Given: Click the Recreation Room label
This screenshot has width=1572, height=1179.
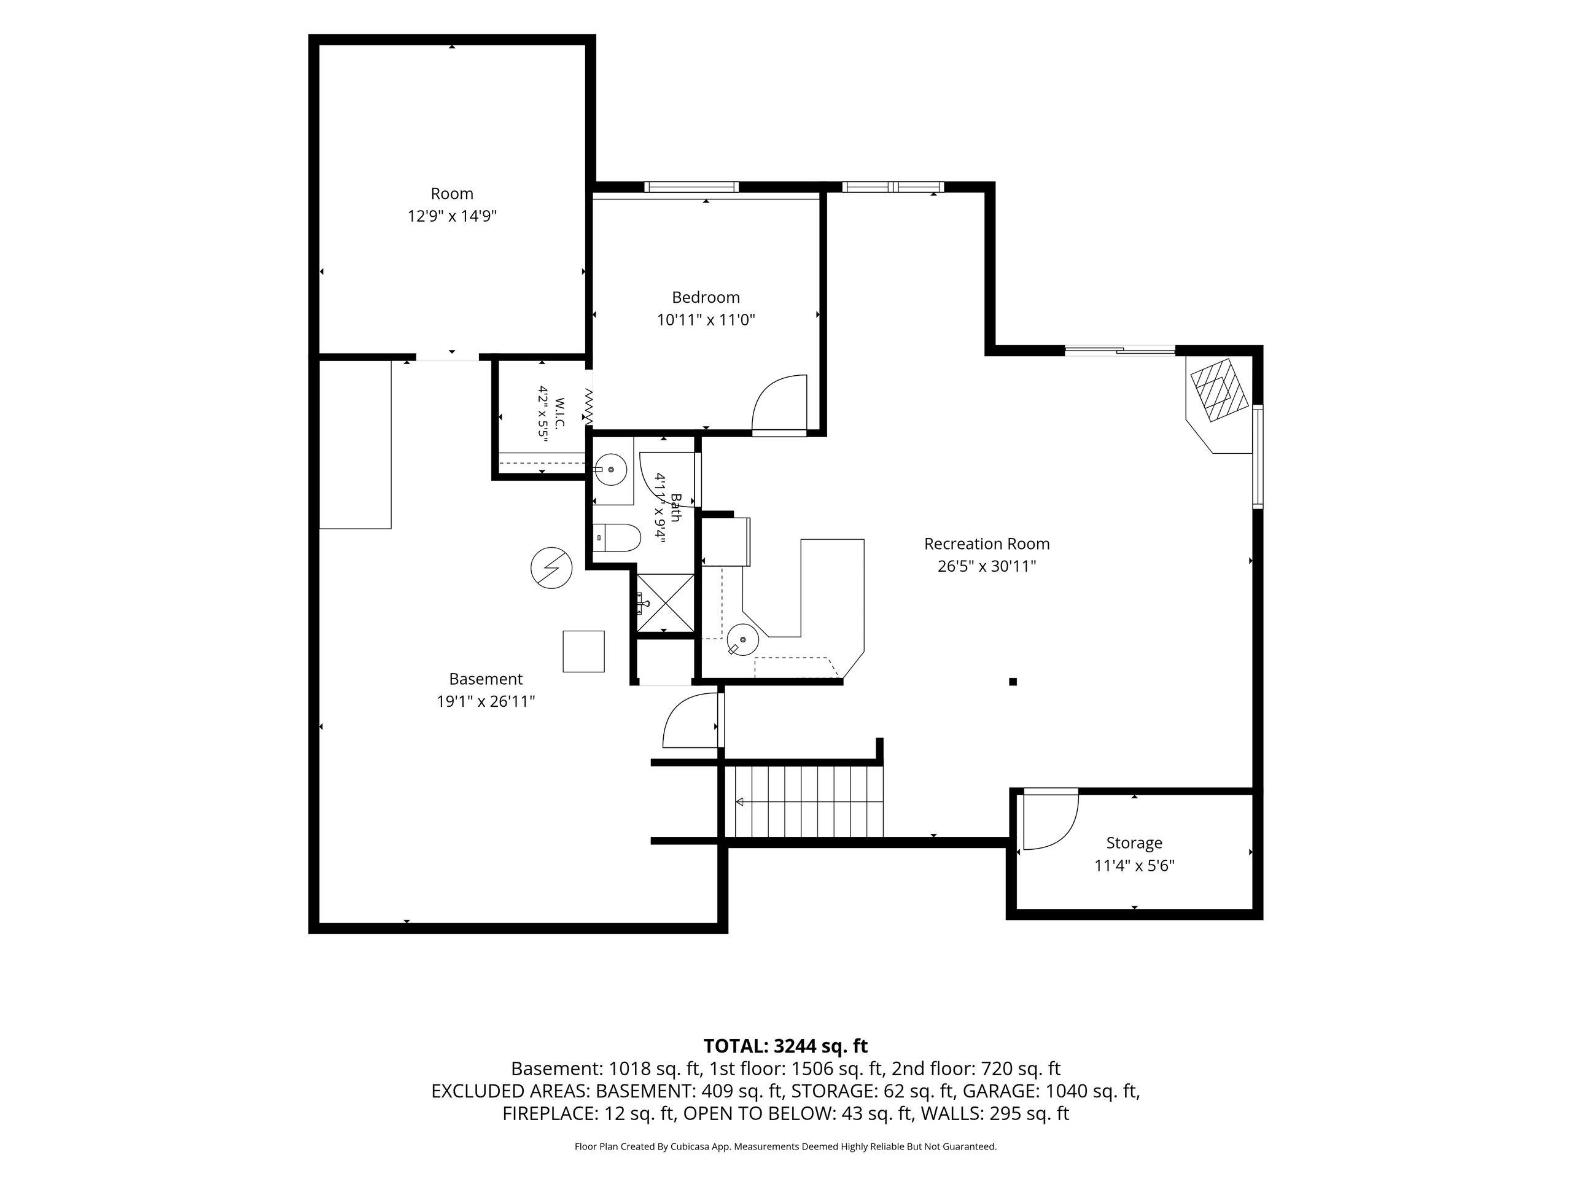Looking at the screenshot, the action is tap(986, 543).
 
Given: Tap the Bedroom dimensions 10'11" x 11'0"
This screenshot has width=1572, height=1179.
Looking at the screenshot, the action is tap(706, 320).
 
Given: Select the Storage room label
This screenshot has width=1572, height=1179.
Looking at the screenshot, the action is tap(1134, 843).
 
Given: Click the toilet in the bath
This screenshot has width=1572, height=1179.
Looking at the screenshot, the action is tap(617, 537).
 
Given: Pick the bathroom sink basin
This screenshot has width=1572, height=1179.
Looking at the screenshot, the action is tap(610, 470).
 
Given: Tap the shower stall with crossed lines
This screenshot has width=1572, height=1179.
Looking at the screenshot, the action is tap(665, 602).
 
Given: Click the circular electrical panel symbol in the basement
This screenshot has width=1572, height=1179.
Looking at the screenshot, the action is tap(551, 568).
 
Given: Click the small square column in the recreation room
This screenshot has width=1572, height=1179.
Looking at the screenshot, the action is tap(1013, 682).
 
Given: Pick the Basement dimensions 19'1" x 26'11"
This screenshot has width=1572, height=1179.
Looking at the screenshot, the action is tap(485, 701).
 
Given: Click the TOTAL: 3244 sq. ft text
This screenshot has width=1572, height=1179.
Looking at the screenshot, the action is tap(785, 1046).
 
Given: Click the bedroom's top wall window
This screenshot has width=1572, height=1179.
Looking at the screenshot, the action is tap(691, 187).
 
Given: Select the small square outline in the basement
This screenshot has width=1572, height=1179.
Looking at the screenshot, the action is tap(583, 651).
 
